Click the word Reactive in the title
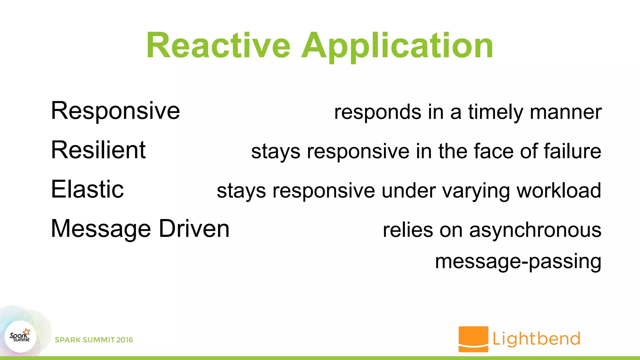pyautogui.click(x=218, y=46)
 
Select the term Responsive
pyautogui.click(x=115, y=111)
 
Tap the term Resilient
pyautogui.click(x=98, y=150)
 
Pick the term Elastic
pyautogui.click(x=87, y=189)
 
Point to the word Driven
pyautogui.click(x=194, y=229)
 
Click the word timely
pyautogui.click(x=495, y=112)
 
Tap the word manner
pyautogui.click(x=566, y=112)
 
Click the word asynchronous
pyautogui.click(x=535, y=231)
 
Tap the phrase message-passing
pyautogui.click(x=518, y=262)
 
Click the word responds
pyautogui.click(x=377, y=112)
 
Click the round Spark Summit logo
pyautogui.click(x=21, y=337)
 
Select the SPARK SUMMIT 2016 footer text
pyautogui.click(x=94, y=340)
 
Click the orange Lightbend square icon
pyautogui.click(x=473, y=339)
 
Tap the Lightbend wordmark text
pyautogui.click(x=536, y=339)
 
